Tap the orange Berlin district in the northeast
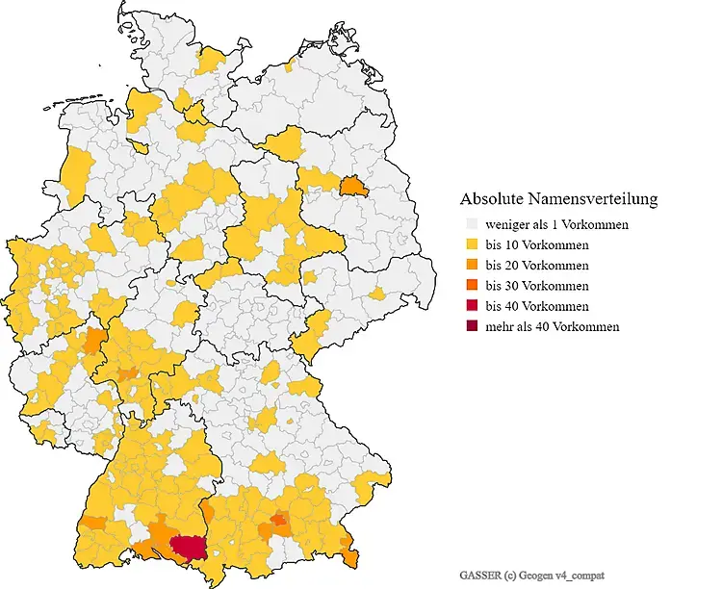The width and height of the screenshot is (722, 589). [x=354, y=185]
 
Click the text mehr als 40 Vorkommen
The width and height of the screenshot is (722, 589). [x=553, y=326]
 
